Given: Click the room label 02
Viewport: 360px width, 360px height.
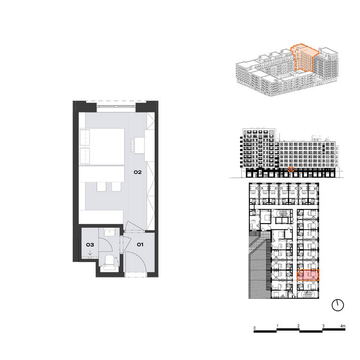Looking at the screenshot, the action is [x=137, y=172].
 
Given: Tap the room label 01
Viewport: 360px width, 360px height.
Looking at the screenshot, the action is [x=140, y=245].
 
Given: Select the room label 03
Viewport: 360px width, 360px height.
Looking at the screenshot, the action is [x=90, y=245].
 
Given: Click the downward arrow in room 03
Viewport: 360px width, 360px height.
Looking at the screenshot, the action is [x=90, y=253].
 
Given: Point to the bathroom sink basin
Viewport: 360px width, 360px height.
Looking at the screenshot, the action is [x=110, y=233].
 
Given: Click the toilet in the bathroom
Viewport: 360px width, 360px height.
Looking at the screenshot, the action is [x=110, y=262].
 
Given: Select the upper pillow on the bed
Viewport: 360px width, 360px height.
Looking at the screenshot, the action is [x=84, y=137].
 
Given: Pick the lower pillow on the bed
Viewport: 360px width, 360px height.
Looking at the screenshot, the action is [x=84, y=156].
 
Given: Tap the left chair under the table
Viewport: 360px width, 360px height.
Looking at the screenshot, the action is [x=101, y=187].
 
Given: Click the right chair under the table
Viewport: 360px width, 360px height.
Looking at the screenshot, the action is [x=116, y=187].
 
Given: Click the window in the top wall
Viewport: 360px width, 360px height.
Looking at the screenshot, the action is [x=116, y=106].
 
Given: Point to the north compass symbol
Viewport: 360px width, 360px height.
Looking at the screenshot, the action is [x=337, y=305].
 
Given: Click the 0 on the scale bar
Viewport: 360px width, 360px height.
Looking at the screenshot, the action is [x=255, y=328].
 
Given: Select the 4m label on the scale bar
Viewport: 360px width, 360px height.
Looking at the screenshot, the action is [x=343, y=326].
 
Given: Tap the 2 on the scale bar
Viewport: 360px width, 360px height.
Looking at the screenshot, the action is [x=298, y=326].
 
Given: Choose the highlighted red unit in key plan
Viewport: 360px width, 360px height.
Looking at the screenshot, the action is [x=307, y=275].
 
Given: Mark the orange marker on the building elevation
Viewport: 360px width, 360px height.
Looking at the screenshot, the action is [x=291, y=169].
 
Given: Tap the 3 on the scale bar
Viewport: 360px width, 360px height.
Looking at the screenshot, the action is [x=323, y=326].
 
